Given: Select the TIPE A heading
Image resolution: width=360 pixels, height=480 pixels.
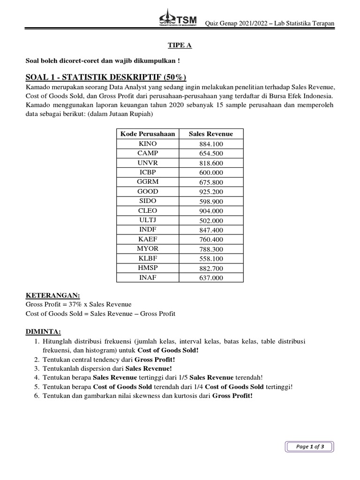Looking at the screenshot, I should point(180,45).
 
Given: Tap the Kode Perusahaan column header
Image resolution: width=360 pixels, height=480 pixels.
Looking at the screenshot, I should point(148,134).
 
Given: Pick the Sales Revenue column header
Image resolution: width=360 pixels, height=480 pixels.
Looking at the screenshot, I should point(211,134).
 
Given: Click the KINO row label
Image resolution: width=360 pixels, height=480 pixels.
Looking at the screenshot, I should point(148,144).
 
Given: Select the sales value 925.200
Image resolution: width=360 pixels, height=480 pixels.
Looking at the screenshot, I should point(211,192).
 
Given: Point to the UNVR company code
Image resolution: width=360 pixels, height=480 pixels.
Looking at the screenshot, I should point(148,163).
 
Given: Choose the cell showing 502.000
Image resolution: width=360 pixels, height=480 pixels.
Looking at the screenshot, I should point(211,220).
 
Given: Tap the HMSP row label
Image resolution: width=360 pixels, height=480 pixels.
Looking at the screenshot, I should point(148,268).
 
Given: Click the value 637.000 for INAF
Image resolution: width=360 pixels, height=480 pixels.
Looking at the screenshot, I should point(211,278).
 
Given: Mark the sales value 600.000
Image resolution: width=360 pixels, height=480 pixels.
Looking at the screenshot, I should point(211,172).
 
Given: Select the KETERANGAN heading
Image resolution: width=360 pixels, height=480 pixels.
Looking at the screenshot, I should point(53,295).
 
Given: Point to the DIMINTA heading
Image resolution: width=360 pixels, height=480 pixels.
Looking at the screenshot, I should point(43,332).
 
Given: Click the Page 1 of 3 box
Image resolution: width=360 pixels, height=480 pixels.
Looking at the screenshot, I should point(310,447).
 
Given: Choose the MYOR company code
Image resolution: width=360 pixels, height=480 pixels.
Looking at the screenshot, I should point(148,249).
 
